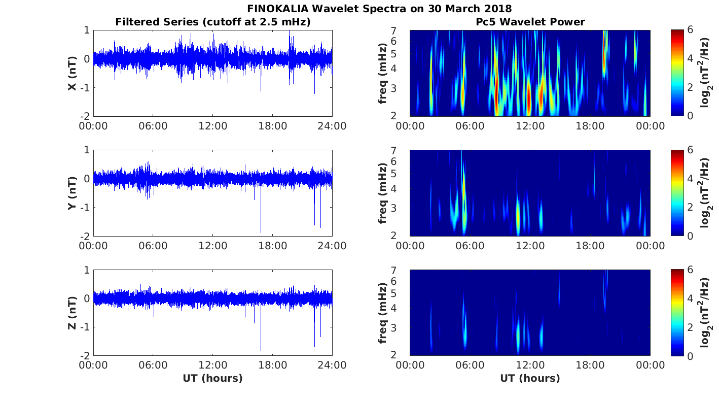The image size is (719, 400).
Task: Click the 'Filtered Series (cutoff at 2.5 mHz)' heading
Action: pos(213,22)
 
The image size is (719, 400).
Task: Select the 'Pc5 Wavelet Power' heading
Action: pos(530,22)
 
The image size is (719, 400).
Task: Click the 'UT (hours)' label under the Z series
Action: pos(213,378)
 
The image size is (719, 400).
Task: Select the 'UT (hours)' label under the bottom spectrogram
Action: pos(530,378)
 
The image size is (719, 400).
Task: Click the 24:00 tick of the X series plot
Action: pos(332,126)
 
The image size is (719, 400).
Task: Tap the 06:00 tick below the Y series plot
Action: pos(153,246)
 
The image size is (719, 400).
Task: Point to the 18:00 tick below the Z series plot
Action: pos(273,365)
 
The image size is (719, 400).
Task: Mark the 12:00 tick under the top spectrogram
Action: pos(530,126)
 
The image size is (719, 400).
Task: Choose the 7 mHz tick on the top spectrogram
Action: pos(401,30)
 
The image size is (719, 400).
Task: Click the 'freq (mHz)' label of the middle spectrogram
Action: pos(383,193)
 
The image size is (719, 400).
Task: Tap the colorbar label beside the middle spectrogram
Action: pos(706,193)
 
